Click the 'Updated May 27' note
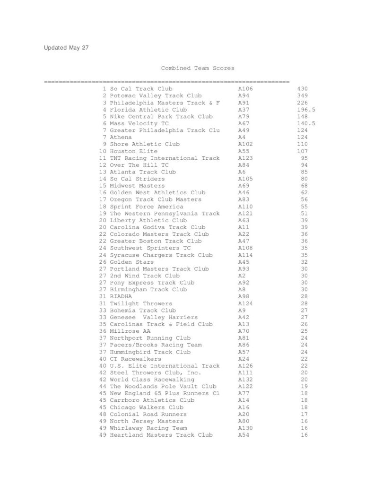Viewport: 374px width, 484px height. click(66, 48)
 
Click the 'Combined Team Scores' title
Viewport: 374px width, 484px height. click(197, 68)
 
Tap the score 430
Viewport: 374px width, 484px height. click(302, 89)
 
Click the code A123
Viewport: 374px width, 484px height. click(245, 158)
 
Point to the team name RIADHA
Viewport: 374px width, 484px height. click(121, 296)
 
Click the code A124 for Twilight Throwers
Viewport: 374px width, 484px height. click(245, 303)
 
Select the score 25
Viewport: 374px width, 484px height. click(304, 331)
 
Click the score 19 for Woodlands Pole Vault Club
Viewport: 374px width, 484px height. click(304, 387)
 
